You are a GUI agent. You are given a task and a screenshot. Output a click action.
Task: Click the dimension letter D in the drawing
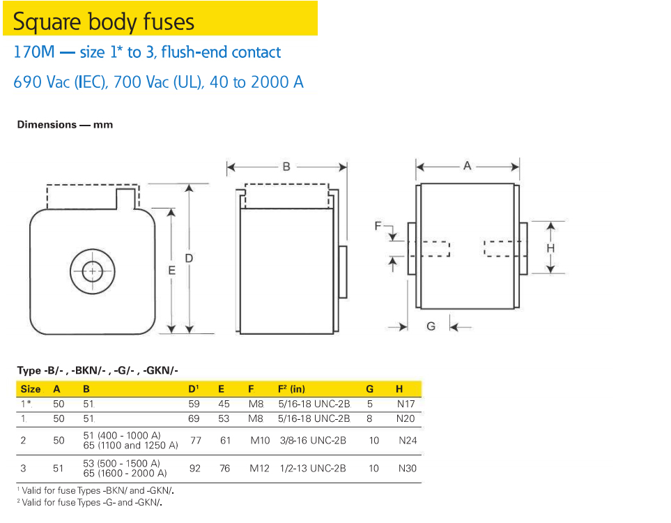click(189, 258)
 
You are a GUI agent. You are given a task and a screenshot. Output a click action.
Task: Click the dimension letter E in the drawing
click(171, 271)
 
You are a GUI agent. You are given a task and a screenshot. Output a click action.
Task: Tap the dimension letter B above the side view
click(286, 167)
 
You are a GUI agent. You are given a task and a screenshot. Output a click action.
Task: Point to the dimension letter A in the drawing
click(467, 166)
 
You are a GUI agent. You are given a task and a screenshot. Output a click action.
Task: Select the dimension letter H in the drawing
click(550, 248)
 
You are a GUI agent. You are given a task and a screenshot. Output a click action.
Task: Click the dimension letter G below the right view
click(431, 326)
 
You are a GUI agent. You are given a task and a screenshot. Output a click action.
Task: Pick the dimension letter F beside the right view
click(378, 226)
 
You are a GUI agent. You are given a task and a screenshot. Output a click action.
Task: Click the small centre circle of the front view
click(92, 271)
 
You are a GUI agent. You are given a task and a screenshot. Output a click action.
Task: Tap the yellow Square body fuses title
click(104, 22)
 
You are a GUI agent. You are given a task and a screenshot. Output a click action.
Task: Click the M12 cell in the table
click(259, 469)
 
